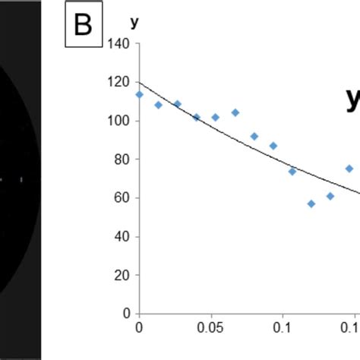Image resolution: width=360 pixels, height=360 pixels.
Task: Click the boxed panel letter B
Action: (83, 26)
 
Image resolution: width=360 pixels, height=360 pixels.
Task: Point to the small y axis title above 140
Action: (134, 24)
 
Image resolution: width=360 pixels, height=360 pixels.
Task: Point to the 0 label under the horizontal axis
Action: (138, 328)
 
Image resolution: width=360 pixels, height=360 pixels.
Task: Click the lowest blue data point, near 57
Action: (311, 204)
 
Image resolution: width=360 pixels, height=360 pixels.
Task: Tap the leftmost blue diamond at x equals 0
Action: (139, 95)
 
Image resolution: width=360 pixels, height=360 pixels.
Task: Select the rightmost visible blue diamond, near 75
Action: (349, 169)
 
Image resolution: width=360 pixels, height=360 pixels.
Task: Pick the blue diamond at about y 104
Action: (235, 112)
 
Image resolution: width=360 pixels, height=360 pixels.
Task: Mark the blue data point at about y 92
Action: (254, 137)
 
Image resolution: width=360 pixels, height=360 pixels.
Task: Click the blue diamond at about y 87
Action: (273, 146)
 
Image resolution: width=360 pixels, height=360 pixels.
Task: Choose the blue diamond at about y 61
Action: (330, 196)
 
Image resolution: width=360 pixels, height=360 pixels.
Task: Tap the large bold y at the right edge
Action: (352, 100)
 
